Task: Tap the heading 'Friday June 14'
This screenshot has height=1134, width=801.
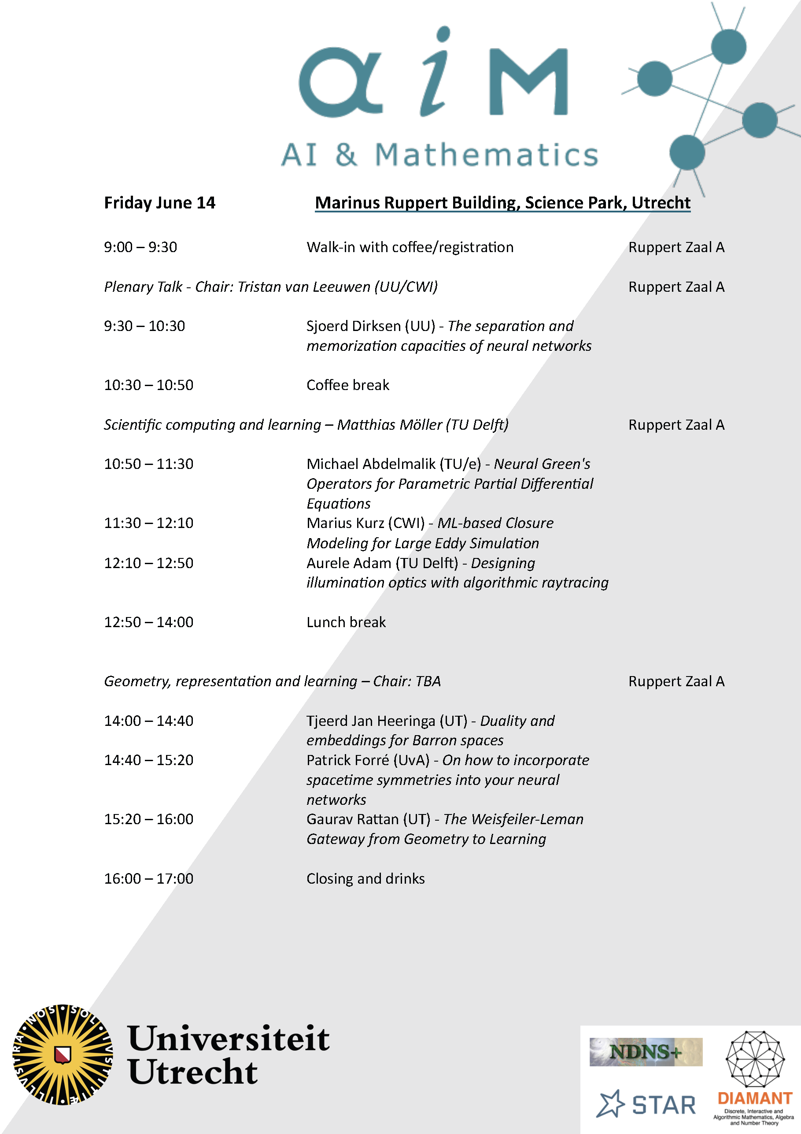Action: [x=159, y=203]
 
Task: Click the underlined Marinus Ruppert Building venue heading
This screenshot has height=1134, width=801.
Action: [x=502, y=203]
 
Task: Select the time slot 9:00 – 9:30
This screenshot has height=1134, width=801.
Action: [x=140, y=247]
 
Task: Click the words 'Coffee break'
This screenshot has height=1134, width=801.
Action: [x=347, y=385]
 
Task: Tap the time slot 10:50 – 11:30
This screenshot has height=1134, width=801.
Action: [x=148, y=464]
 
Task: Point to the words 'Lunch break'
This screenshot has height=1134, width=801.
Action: [x=346, y=622]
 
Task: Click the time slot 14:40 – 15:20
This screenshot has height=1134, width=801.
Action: [x=148, y=760]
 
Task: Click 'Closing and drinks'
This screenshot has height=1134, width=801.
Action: [x=365, y=879]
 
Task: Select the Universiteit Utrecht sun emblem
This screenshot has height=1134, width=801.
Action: [x=63, y=1055]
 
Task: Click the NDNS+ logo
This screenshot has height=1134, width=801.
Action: [x=646, y=1052]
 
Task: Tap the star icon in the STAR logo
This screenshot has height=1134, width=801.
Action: [x=611, y=1104]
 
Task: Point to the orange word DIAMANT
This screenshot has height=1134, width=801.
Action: [x=755, y=1098]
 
